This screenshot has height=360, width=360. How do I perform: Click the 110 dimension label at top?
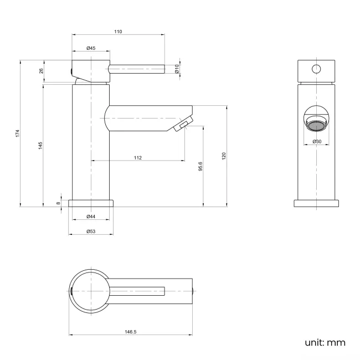(118, 32)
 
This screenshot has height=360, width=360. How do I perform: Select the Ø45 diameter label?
(91, 49)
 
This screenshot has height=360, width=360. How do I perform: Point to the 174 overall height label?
(18, 133)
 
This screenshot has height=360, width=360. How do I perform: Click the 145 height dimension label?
(40, 145)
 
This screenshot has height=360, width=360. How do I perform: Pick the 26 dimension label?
(40, 71)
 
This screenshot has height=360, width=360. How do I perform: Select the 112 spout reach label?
(138, 158)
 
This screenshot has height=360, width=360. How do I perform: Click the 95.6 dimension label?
(200, 166)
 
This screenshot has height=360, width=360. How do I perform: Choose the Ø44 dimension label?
(91, 217)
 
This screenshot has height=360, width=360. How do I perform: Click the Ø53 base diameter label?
(91, 231)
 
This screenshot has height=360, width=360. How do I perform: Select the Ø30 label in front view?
(317, 142)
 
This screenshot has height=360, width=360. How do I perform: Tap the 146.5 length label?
(131, 332)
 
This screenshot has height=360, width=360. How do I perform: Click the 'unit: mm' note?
(325, 342)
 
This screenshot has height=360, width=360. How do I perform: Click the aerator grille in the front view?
(317, 125)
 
